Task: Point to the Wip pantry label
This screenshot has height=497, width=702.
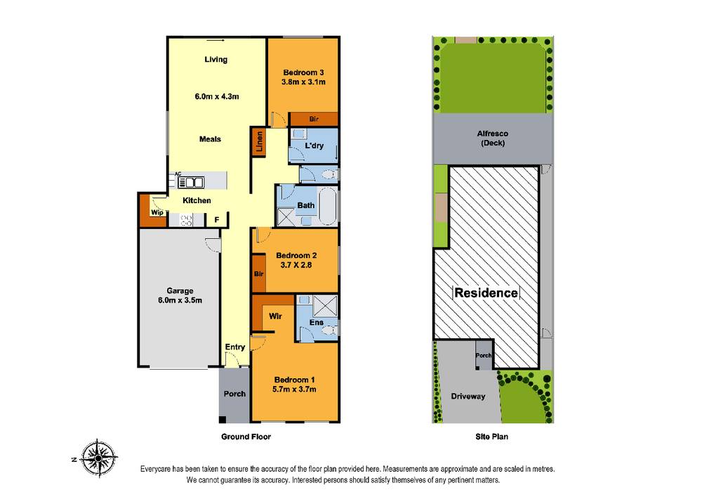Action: (x=156, y=211)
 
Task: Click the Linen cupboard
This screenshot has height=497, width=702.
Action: (x=260, y=143)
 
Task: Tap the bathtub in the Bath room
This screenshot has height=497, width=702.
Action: (x=329, y=205)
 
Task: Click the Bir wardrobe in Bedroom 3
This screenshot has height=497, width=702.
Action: (x=314, y=120)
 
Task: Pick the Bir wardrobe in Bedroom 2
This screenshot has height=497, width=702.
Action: (x=258, y=273)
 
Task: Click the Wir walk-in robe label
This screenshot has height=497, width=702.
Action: (x=275, y=316)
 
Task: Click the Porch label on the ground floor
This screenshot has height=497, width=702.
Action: (x=234, y=393)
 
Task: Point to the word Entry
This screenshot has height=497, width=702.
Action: (x=235, y=347)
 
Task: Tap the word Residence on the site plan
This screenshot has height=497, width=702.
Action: (x=486, y=292)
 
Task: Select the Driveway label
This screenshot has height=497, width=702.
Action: (x=468, y=396)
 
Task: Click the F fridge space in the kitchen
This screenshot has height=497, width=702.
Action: (x=217, y=220)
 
